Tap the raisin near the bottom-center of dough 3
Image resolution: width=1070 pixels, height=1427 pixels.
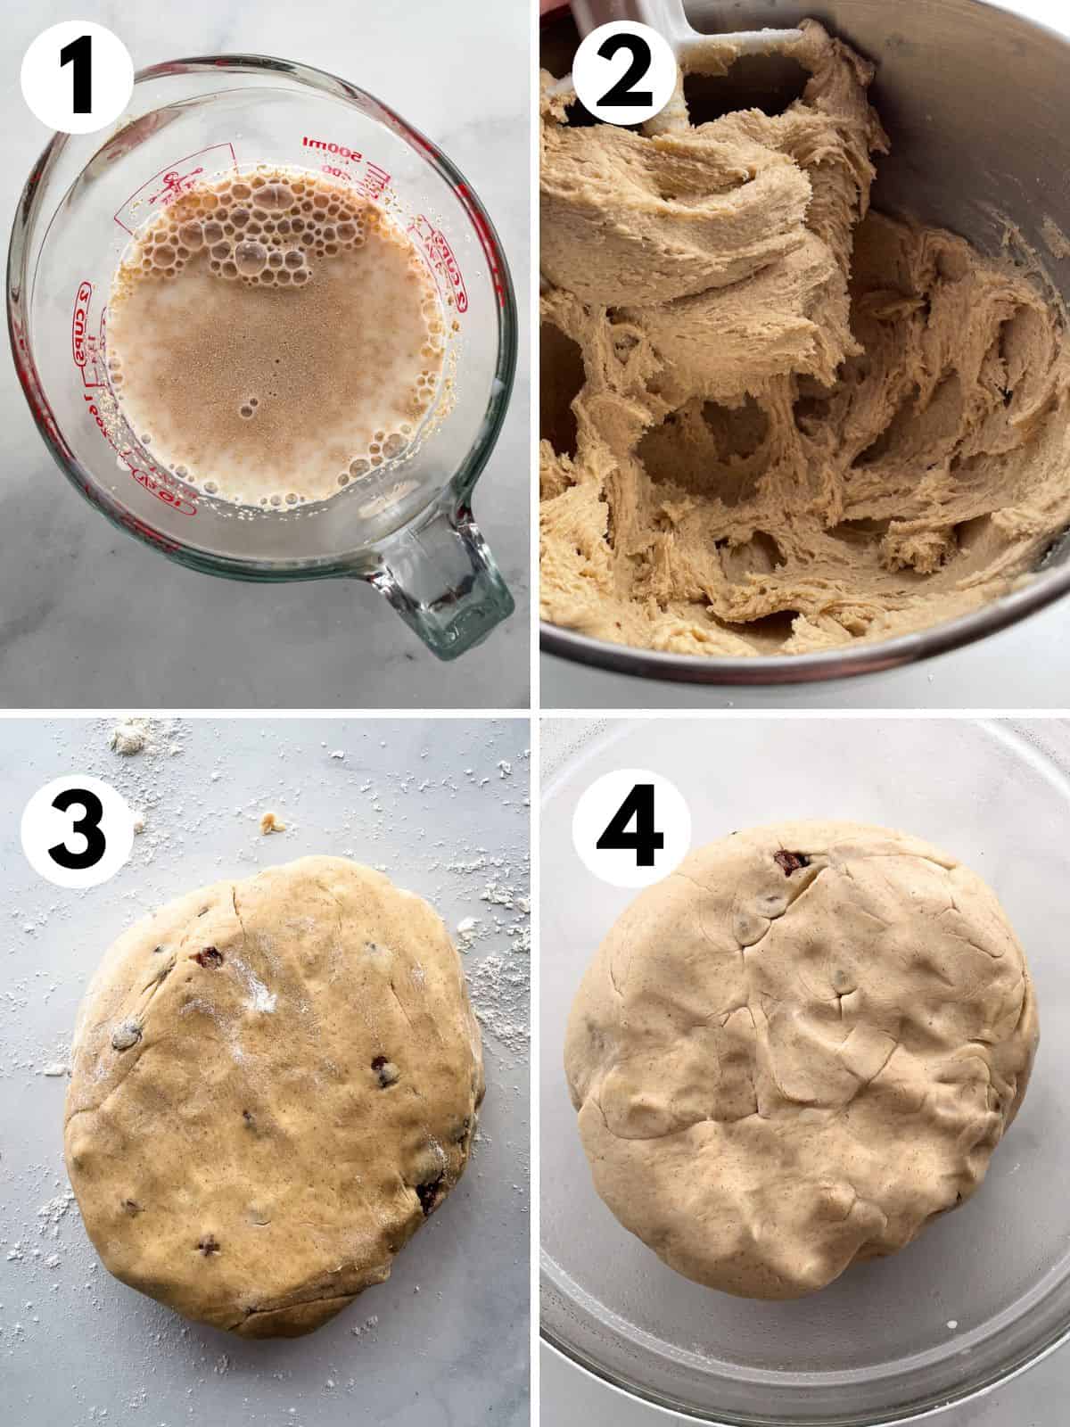(x=210, y=1242)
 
